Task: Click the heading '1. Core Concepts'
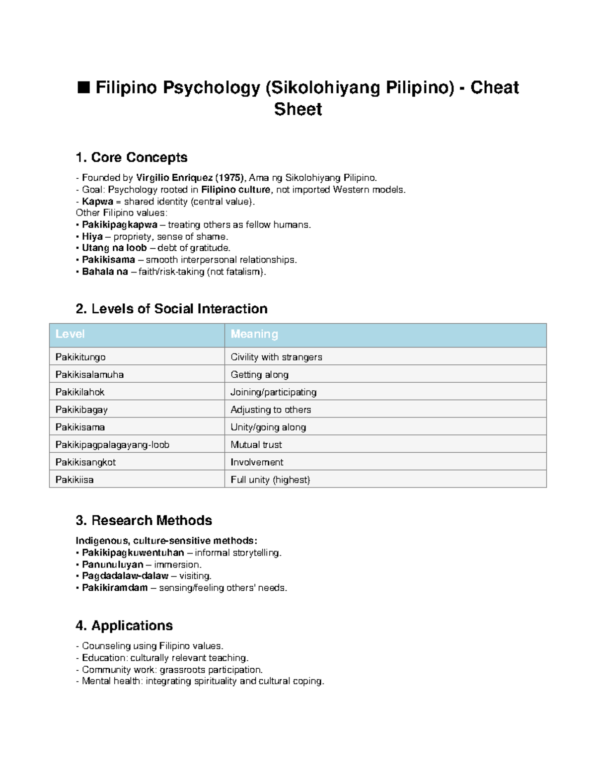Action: [x=131, y=157]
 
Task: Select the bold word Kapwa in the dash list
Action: [x=97, y=202]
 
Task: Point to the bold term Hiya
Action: [x=92, y=237]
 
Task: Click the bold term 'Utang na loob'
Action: [x=114, y=248]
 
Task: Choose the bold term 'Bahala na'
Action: [x=105, y=272]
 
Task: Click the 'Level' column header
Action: [x=70, y=334]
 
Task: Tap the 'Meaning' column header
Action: [x=254, y=334]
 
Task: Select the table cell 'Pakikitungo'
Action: [x=80, y=357]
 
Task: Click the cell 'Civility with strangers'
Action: [x=276, y=357]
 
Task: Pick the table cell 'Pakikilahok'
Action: [x=80, y=392]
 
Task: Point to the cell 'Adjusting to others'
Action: [x=271, y=410]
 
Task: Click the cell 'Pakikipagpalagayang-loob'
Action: [x=112, y=445]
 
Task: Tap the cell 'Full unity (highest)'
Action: [x=270, y=480]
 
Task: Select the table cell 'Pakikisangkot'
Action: [x=85, y=462]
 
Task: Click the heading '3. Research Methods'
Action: [x=144, y=520]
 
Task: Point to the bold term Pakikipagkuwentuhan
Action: [x=133, y=553]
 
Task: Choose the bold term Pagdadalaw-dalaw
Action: [x=125, y=576]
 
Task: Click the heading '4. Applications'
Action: [x=124, y=626]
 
